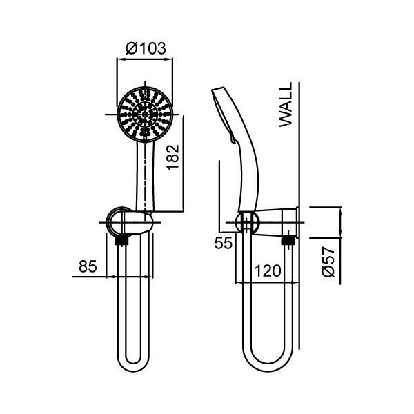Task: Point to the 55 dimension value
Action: click(221, 242)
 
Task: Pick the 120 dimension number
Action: click(266, 270)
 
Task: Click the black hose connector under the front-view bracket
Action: click(121, 241)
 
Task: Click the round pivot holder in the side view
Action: click(248, 223)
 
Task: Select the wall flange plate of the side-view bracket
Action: click(295, 222)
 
